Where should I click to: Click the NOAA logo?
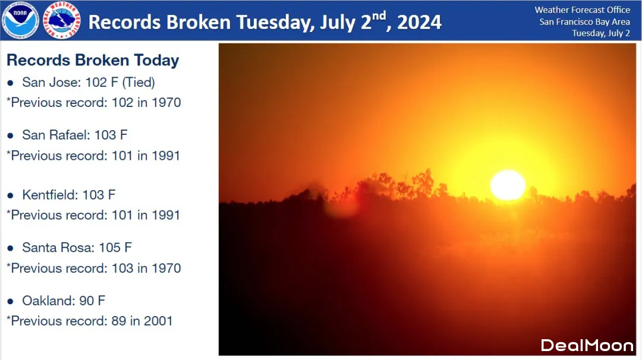(20, 20)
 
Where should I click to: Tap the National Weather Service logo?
(61, 20)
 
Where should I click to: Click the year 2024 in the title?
(419, 23)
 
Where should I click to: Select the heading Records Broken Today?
(93, 60)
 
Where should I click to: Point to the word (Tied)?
(139, 82)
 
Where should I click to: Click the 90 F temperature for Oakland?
(92, 301)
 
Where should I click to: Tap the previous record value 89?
(119, 321)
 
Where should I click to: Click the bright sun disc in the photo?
(508, 185)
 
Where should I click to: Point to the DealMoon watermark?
(587, 346)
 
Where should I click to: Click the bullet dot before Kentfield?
(11, 195)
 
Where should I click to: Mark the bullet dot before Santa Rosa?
(11, 248)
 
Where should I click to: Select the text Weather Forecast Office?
(582, 10)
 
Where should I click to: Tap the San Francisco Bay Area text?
(585, 21)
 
